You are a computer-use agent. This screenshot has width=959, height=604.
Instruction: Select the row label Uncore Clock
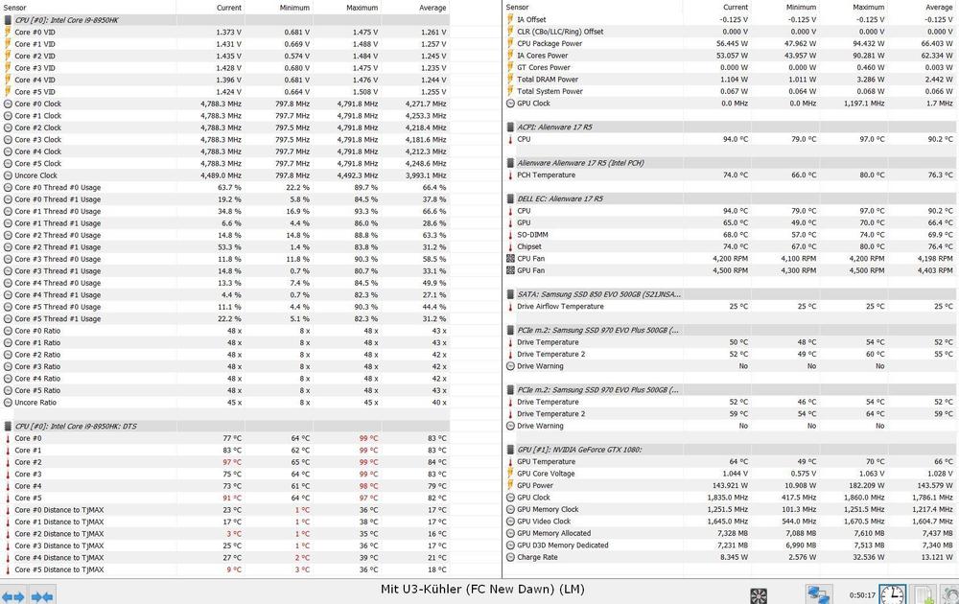tap(35, 175)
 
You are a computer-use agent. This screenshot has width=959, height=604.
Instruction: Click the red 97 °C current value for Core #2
tap(232, 462)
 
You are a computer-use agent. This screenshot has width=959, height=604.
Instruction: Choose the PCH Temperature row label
tap(546, 175)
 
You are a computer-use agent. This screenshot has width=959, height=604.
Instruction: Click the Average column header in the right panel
tap(939, 7)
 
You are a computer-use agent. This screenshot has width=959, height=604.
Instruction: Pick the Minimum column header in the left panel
tap(294, 8)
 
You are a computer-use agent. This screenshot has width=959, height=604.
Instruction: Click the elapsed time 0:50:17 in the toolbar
tap(862, 595)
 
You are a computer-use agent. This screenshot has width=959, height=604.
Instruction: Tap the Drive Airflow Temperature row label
tap(560, 307)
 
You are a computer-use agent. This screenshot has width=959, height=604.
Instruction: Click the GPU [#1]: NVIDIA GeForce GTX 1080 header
tap(579, 450)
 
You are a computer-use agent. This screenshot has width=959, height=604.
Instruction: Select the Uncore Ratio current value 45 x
tap(234, 403)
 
